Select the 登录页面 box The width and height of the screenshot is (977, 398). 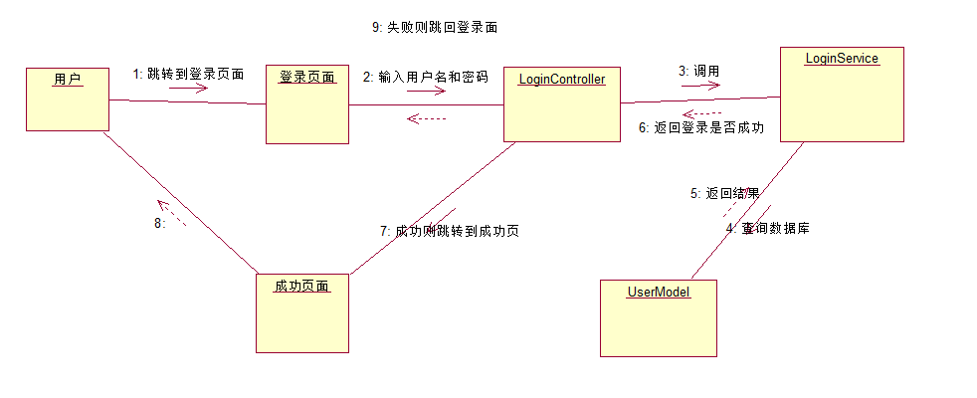[x=307, y=104]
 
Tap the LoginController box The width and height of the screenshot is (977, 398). [x=561, y=104]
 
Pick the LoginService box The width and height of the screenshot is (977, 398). [x=841, y=94]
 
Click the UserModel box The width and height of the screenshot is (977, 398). [x=658, y=316]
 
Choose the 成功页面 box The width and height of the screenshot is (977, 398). [x=301, y=312]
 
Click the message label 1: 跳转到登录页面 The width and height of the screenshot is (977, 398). [x=188, y=74]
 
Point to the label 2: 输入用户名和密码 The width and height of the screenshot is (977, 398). [x=425, y=77]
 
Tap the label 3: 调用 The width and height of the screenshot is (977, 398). [x=698, y=71]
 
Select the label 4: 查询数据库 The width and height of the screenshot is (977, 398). [x=767, y=228]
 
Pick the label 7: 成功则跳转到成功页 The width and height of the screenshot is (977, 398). [x=450, y=231]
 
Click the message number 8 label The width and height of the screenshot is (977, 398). [x=159, y=223]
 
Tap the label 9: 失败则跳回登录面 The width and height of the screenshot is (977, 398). [x=434, y=28]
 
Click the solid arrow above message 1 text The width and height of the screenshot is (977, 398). [x=188, y=88]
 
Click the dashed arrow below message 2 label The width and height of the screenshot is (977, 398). [x=429, y=118]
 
